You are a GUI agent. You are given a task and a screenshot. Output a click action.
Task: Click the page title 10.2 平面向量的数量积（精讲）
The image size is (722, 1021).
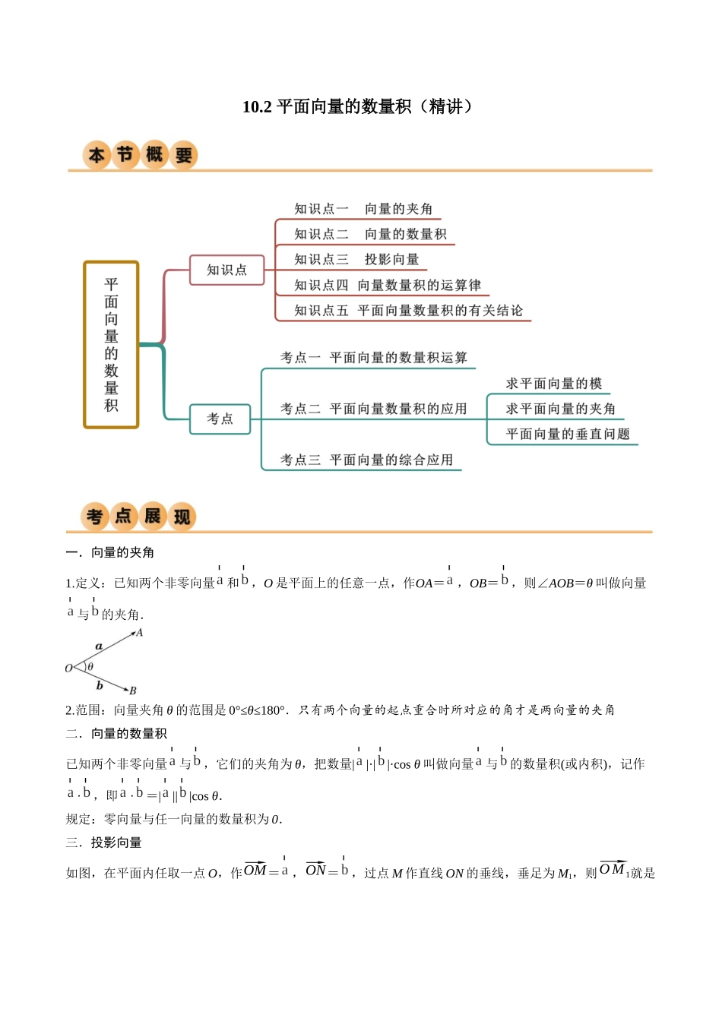[359, 106]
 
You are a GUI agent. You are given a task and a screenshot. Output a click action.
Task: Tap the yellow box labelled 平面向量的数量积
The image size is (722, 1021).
[111, 345]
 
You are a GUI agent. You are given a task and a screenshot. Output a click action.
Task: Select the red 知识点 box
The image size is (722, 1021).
[226, 270]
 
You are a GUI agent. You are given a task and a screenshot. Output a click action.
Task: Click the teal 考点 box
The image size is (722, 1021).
[220, 419]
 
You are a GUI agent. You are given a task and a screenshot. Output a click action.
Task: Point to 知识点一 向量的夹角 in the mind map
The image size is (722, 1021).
[363, 209]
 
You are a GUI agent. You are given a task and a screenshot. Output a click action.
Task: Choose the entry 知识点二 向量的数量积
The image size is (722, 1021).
[370, 234]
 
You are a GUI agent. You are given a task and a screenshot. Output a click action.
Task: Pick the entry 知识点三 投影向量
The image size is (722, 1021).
[356, 260]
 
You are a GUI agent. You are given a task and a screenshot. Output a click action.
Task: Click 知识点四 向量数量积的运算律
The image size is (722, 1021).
[388, 286]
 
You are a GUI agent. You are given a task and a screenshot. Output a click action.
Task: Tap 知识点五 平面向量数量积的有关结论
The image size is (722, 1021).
[408, 311]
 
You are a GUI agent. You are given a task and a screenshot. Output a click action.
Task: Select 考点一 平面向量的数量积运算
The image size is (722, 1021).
[373, 358]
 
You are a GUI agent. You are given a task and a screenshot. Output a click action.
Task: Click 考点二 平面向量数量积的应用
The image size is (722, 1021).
[373, 409]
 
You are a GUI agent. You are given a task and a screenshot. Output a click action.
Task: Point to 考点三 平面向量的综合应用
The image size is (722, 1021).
[366, 460]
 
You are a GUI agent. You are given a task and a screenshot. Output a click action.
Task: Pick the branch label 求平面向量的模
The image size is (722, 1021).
[554, 384]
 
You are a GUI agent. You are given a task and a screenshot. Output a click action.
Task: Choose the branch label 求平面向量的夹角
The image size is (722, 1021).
[561, 409]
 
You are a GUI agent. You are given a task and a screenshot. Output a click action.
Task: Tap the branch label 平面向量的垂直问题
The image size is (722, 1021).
[568, 435]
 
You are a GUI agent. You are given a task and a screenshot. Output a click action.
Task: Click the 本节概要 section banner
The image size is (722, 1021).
[140, 156]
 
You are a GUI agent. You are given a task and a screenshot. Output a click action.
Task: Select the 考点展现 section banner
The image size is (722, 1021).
[138, 517]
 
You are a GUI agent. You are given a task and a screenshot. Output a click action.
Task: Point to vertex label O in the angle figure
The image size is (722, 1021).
[68, 669]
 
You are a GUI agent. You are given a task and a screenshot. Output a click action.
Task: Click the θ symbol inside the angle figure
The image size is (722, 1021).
[90, 667]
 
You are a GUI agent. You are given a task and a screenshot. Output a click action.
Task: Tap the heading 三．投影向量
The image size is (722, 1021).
[103, 842]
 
